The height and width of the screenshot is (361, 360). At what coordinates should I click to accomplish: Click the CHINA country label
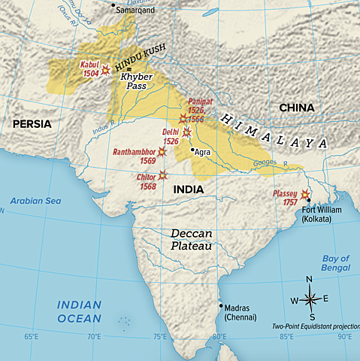pyautogui.click(x=297, y=108)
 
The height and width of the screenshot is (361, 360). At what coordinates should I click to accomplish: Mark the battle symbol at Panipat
pyautogui.click(x=183, y=119)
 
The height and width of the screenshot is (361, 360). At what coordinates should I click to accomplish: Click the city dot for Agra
pyautogui.click(x=193, y=150)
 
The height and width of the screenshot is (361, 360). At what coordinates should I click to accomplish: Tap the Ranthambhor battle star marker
pyautogui.click(x=161, y=152)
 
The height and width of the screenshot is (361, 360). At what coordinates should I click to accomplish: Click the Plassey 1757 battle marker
pyautogui.click(x=304, y=195)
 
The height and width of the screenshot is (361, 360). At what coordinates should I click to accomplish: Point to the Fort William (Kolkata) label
pyautogui.click(x=322, y=214)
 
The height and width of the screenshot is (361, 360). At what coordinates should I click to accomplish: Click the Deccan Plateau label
pyautogui.click(x=191, y=240)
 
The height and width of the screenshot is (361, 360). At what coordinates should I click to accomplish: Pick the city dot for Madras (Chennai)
pyautogui.click(x=220, y=305)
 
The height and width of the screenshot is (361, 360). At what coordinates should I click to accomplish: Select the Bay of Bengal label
pyautogui.click(x=335, y=262)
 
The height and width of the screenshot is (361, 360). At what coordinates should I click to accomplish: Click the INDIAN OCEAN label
pyautogui.click(x=79, y=311)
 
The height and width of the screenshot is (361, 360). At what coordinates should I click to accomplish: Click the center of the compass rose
pyautogui.click(x=310, y=299)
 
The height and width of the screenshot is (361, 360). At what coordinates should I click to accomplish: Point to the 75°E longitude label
pyautogui.click(x=159, y=336)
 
